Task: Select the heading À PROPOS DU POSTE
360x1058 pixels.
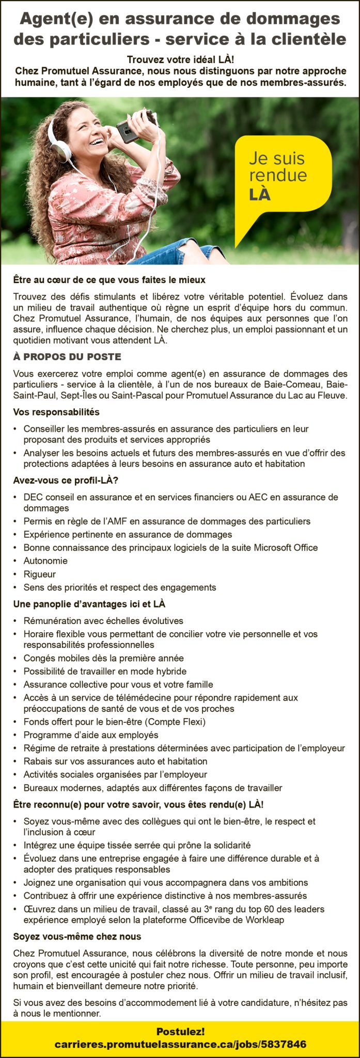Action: pos(67,357)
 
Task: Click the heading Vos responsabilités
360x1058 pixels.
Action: pos(56,412)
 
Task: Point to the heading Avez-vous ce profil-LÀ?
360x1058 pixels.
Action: pos(66,480)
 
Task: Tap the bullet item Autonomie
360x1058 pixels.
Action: pos(45,561)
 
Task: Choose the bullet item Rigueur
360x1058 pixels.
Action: pos(40,574)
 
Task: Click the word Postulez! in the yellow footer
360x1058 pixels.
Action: pos(180,1031)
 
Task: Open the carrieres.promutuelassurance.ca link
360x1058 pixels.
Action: pos(180,1044)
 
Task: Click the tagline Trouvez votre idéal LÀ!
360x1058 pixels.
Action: pos(180,60)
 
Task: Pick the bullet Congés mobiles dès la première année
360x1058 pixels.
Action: pos(103,658)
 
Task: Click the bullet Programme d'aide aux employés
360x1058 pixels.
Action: pos(91,735)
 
